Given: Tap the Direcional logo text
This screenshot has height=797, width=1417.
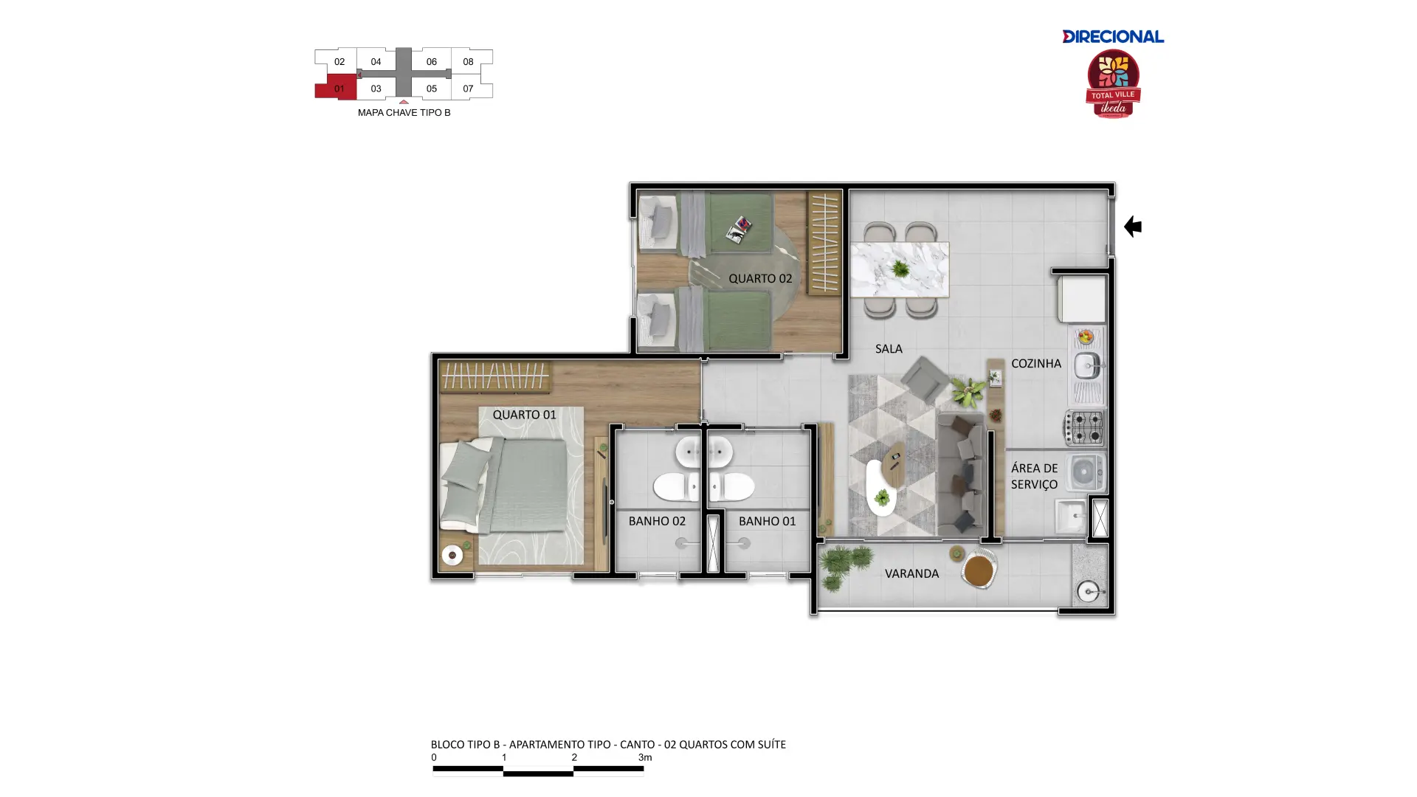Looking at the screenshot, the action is click(x=1113, y=36).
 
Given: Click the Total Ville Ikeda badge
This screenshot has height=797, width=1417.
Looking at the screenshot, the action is click(x=1113, y=84).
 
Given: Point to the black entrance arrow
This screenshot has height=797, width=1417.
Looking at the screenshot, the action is click(x=1133, y=227).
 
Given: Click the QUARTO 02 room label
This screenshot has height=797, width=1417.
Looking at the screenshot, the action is click(x=760, y=278).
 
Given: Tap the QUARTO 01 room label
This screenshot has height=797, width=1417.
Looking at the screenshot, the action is click(x=524, y=415).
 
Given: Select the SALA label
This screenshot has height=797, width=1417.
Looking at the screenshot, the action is click(x=889, y=348).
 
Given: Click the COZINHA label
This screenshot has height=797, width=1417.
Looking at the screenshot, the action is click(x=1036, y=363).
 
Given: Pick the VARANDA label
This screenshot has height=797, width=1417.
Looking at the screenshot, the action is click(x=911, y=573).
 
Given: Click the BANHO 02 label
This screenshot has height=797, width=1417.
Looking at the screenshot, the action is click(x=657, y=521).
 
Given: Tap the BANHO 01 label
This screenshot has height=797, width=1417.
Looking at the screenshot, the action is click(x=767, y=521).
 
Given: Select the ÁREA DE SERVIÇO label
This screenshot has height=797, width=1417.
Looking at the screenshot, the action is click(x=1034, y=476).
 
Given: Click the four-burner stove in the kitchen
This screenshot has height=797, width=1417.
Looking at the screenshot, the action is click(x=1083, y=427).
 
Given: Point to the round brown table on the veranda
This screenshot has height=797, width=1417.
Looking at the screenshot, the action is click(x=979, y=570).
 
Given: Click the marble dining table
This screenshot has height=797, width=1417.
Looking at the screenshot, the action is click(x=900, y=269).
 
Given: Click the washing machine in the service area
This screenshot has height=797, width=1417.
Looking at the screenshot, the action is click(x=1084, y=472).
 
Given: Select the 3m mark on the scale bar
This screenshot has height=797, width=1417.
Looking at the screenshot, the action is click(x=645, y=757).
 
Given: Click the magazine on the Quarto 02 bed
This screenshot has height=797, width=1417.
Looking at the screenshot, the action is click(x=739, y=230).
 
